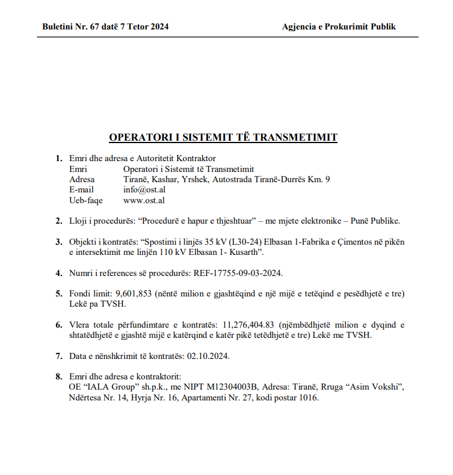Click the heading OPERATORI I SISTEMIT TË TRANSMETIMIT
[223, 137]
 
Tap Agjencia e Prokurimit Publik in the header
[339, 26]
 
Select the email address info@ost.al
[144, 189]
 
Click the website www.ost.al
[144, 200]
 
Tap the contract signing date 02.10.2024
[208, 355]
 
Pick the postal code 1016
[307, 397]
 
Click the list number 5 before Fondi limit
[58, 293]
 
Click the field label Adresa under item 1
[82, 179]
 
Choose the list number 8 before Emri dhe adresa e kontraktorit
[58, 376]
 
